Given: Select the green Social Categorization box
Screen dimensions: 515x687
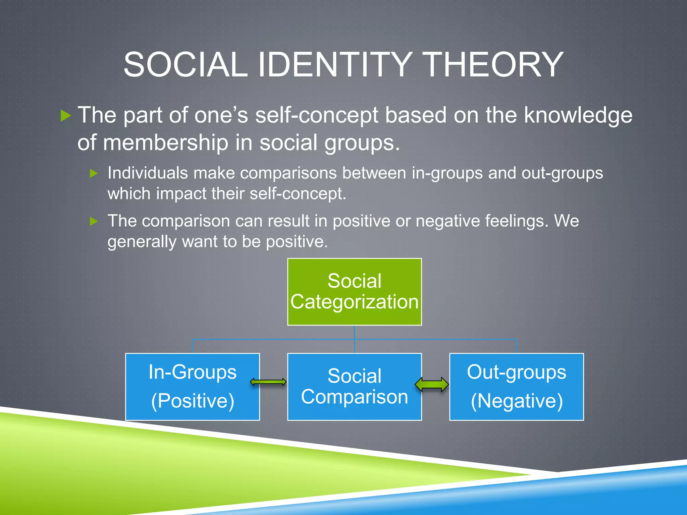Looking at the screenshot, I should tap(354, 291).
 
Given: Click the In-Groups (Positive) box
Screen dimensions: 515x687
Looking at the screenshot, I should tap(192, 387).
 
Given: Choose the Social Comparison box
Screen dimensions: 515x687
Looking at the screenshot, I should tap(354, 387).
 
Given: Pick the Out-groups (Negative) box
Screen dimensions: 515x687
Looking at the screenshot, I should tap(516, 387).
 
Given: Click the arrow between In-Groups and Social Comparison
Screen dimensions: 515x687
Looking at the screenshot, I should tap(268, 382).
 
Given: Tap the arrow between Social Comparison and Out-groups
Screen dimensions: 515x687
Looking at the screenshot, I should tap(432, 384).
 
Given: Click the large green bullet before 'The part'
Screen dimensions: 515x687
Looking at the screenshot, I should tap(66, 116).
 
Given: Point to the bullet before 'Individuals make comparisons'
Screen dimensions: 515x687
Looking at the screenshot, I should tap(94, 173).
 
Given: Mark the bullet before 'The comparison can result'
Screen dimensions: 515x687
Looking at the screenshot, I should tap(94, 221).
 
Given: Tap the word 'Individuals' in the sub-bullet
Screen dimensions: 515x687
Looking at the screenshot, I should tap(148, 173).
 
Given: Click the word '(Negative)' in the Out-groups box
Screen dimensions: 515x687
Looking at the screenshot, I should tap(517, 401).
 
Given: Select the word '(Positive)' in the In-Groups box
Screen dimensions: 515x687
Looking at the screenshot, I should tap(193, 401).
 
